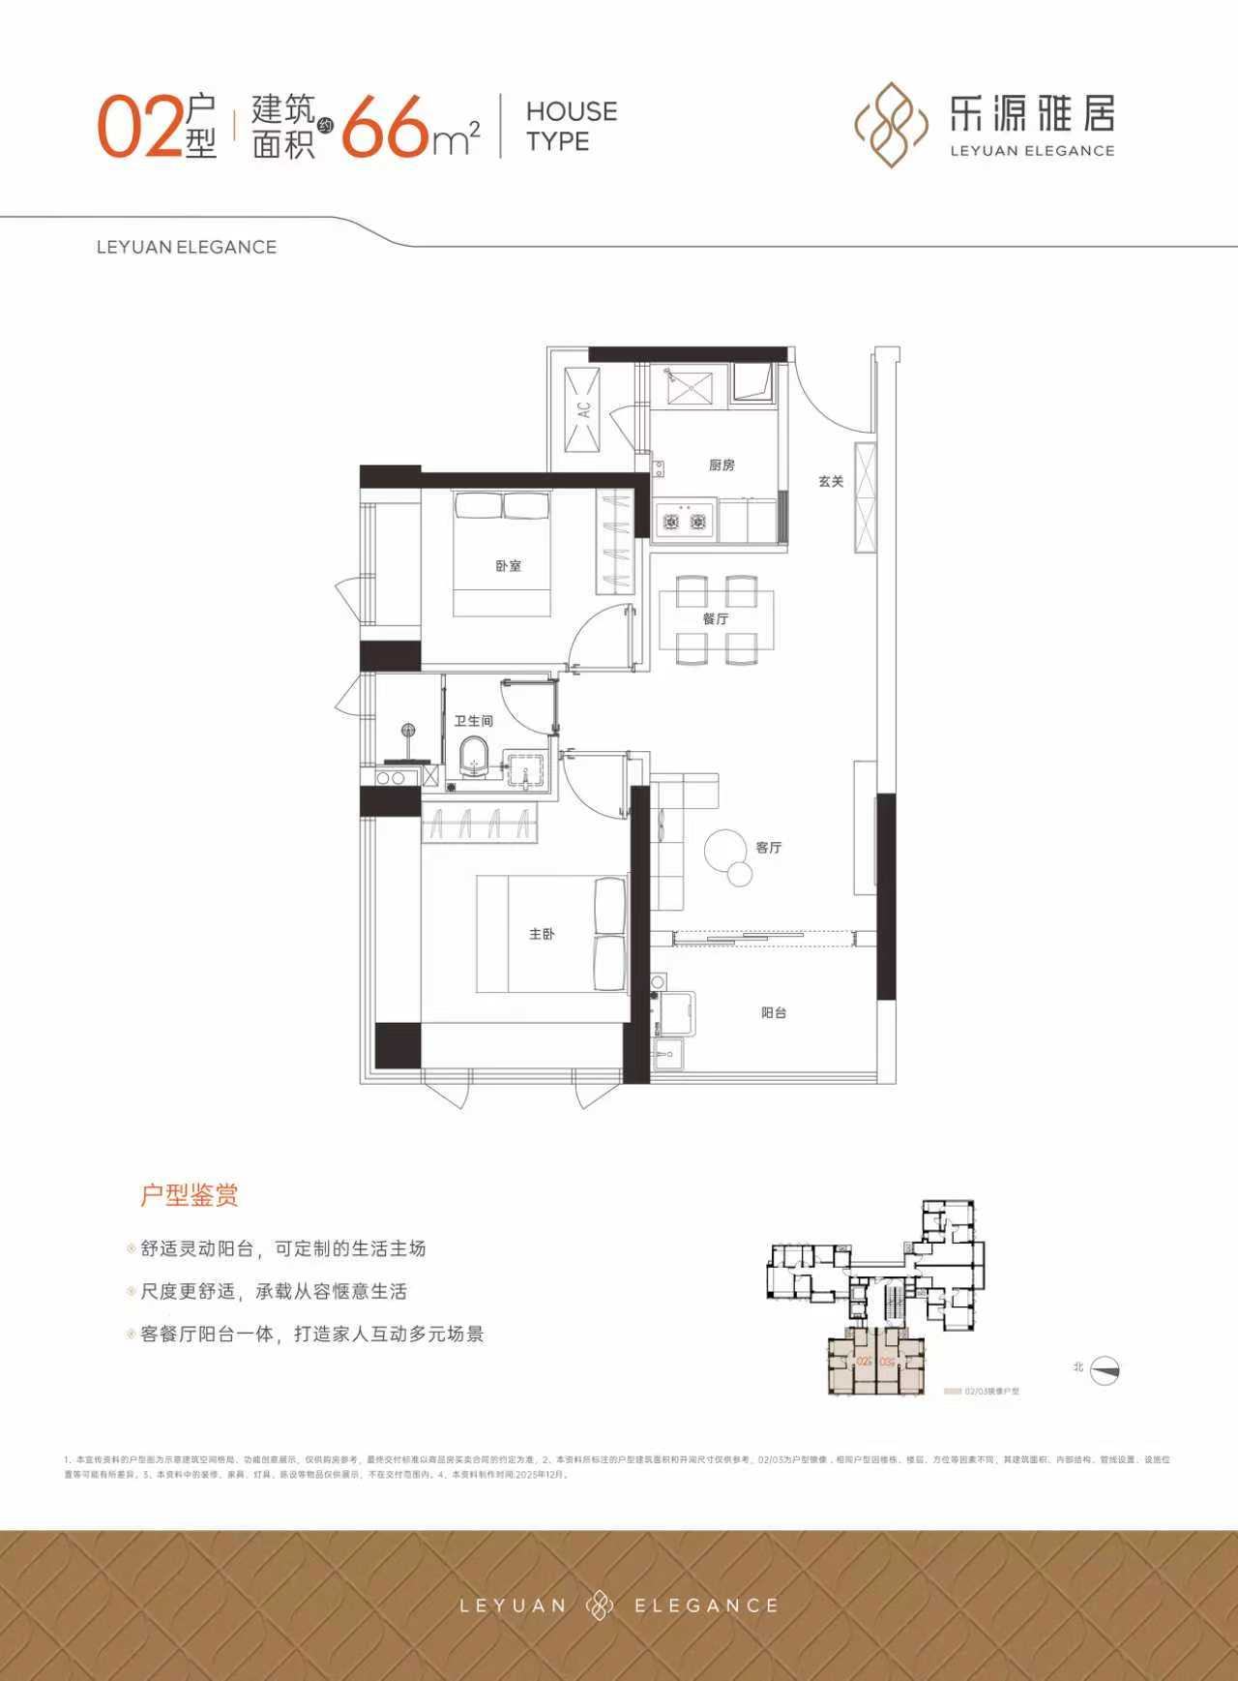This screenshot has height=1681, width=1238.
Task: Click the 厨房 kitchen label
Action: coord(722,465)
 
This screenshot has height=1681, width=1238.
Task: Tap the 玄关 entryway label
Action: coord(831,481)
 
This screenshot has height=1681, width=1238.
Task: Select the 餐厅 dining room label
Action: coord(716,618)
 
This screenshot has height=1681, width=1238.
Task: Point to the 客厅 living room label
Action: coord(769,848)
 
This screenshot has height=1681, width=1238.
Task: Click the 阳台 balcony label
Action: coord(774,1013)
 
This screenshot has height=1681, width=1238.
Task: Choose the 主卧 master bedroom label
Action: coord(542,934)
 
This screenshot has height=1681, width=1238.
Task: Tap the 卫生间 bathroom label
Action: coord(474,721)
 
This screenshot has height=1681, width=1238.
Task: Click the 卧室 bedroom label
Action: coord(508,566)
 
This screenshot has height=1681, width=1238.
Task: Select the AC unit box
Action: coord(583,409)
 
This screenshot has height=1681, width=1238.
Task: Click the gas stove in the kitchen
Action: coord(684,522)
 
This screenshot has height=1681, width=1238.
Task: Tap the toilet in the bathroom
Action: coord(474,756)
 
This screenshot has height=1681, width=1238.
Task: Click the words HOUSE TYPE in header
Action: coord(571,126)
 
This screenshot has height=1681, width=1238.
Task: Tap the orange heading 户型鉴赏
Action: coord(190,1195)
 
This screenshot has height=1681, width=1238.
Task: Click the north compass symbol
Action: coord(1105,1370)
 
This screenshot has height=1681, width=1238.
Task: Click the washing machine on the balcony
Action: coord(673,1014)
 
